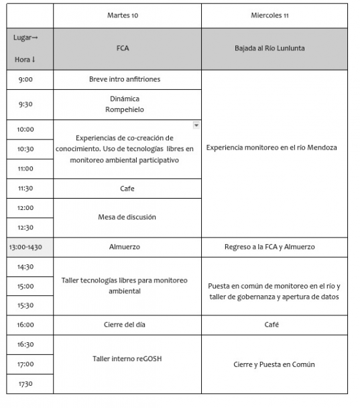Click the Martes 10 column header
(x=127, y=15)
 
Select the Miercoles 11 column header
(x=274, y=15)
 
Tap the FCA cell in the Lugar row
(x=127, y=49)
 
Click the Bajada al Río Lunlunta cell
(x=274, y=49)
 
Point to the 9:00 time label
(x=25, y=79)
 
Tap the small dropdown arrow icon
(x=196, y=125)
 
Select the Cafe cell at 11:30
(x=127, y=189)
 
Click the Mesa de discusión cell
(x=127, y=217)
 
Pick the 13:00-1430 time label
(x=26, y=247)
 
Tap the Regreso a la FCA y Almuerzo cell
(x=274, y=247)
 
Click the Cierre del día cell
(x=127, y=325)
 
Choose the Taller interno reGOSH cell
(x=127, y=359)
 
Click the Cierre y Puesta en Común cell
(x=274, y=364)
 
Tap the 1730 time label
(x=25, y=384)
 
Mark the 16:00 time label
(x=25, y=325)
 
